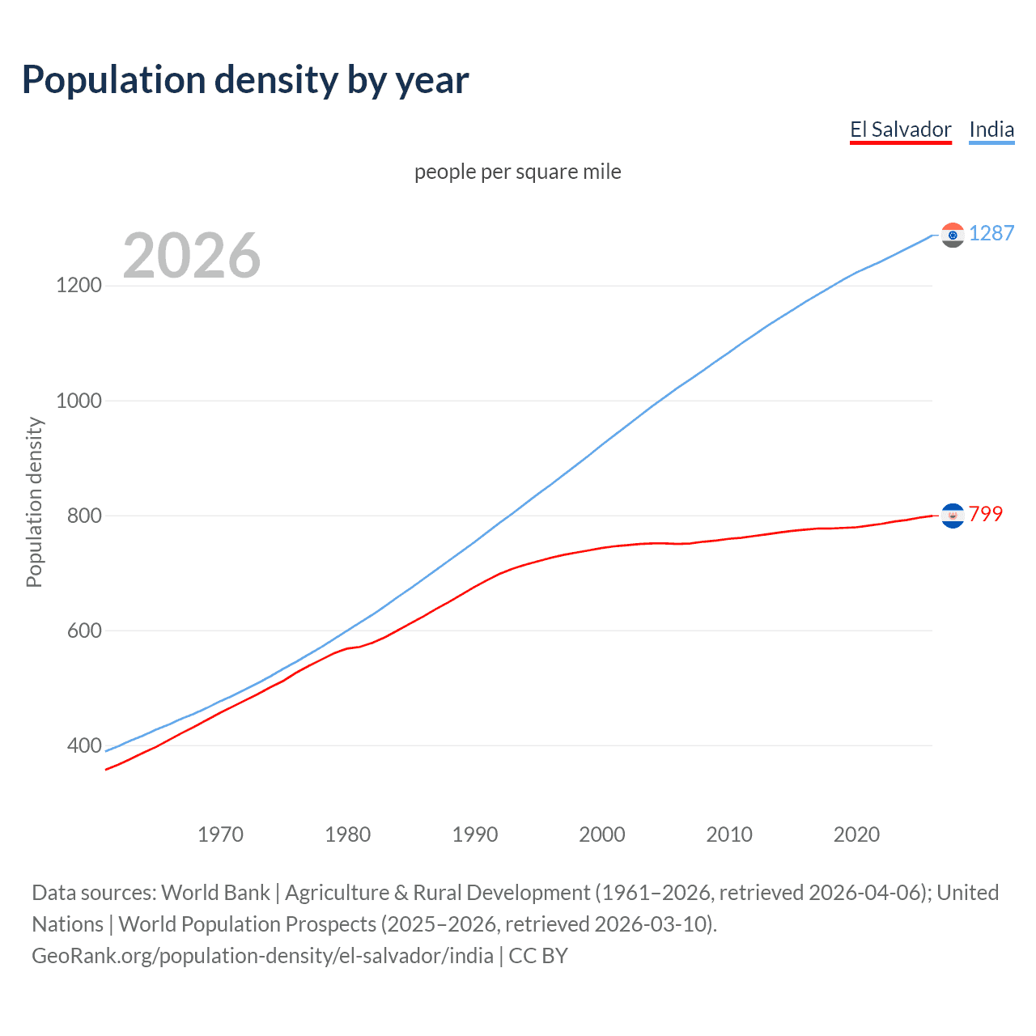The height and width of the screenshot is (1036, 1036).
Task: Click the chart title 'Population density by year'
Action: point(245,80)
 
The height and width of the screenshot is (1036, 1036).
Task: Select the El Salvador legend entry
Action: point(900,130)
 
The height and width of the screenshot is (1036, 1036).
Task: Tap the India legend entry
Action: point(991,130)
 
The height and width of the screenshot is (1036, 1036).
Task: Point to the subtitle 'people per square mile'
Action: point(518,172)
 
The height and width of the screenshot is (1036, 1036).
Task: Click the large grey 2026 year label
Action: point(192,256)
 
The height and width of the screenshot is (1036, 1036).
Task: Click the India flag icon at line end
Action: point(953,235)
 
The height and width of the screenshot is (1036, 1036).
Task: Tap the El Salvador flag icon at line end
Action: point(953,515)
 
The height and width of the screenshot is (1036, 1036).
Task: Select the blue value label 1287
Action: point(991,234)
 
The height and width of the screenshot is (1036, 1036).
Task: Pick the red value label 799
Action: point(986,514)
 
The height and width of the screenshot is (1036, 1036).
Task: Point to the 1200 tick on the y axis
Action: point(79,286)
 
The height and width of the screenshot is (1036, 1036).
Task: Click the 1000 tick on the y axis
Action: point(79,401)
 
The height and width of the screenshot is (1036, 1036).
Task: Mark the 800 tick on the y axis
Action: point(84,516)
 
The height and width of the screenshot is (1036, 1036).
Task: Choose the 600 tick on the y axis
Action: point(84,631)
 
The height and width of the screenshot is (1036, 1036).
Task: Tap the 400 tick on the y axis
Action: point(84,745)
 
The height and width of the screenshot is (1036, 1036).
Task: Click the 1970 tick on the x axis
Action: point(220,834)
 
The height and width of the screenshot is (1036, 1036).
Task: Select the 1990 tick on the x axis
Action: point(475,834)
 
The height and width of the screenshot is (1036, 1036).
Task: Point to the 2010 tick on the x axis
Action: point(729,834)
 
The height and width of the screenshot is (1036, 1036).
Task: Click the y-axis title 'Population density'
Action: point(34,502)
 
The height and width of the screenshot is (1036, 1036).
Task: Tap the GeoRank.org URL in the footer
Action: point(262,956)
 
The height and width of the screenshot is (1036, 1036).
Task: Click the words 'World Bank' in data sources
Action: point(215,893)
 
